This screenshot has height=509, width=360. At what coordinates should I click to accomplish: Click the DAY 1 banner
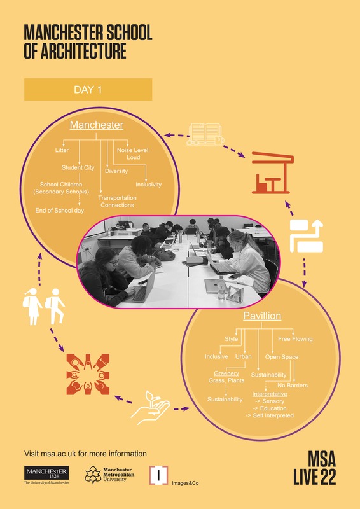pyautogui.click(x=88, y=89)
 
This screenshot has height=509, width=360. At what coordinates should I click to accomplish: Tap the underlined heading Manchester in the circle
pyautogui.click(x=97, y=125)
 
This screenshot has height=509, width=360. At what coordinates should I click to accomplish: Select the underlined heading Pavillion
pyautogui.click(x=262, y=316)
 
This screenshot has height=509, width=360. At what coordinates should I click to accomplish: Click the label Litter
pyautogui.click(x=62, y=150)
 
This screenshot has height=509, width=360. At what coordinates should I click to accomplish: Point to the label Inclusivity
pyautogui.click(x=148, y=185)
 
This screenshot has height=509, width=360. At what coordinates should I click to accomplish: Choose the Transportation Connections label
pyautogui.click(x=117, y=201)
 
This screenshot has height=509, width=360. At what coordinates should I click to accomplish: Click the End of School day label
pyautogui.click(x=59, y=211)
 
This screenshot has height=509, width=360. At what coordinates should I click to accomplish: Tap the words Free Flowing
pyautogui.click(x=295, y=339)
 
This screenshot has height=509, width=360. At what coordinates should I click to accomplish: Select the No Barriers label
pyautogui.click(x=293, y=386)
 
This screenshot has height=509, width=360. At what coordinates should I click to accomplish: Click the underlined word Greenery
pyautogui.click(x=226, y=373)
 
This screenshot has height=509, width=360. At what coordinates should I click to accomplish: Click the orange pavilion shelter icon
pyautogui.click(x=273, y=172)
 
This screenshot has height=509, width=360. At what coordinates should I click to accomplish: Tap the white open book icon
pyautogui.click(x=205, y=134)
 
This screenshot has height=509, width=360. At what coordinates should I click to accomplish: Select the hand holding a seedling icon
pyautogui.click(x=150, y=407)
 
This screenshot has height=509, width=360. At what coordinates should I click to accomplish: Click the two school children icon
pyautogui.click(x=43, y=307)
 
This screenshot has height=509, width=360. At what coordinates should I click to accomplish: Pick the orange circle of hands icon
pyautogui.click(x=88, y=374)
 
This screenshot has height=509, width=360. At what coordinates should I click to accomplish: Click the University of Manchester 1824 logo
pyautogui.click(x=46, y=475)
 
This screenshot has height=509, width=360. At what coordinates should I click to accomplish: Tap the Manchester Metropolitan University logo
pyautogui.click(x=109, y=475)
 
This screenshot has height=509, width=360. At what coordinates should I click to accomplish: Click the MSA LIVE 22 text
pyautogui.click(x=315, y=468)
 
